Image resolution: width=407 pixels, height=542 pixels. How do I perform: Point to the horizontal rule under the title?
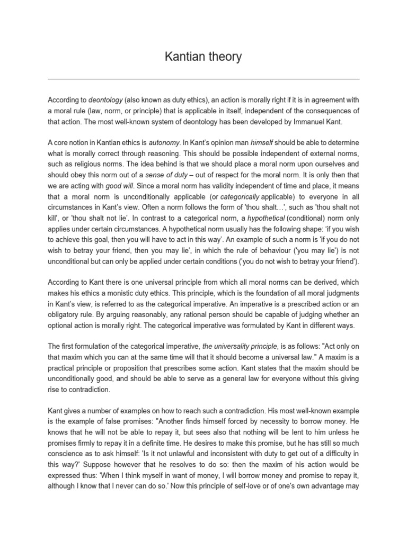point(203,79)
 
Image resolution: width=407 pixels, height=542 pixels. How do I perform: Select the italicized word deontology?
point(105,99)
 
